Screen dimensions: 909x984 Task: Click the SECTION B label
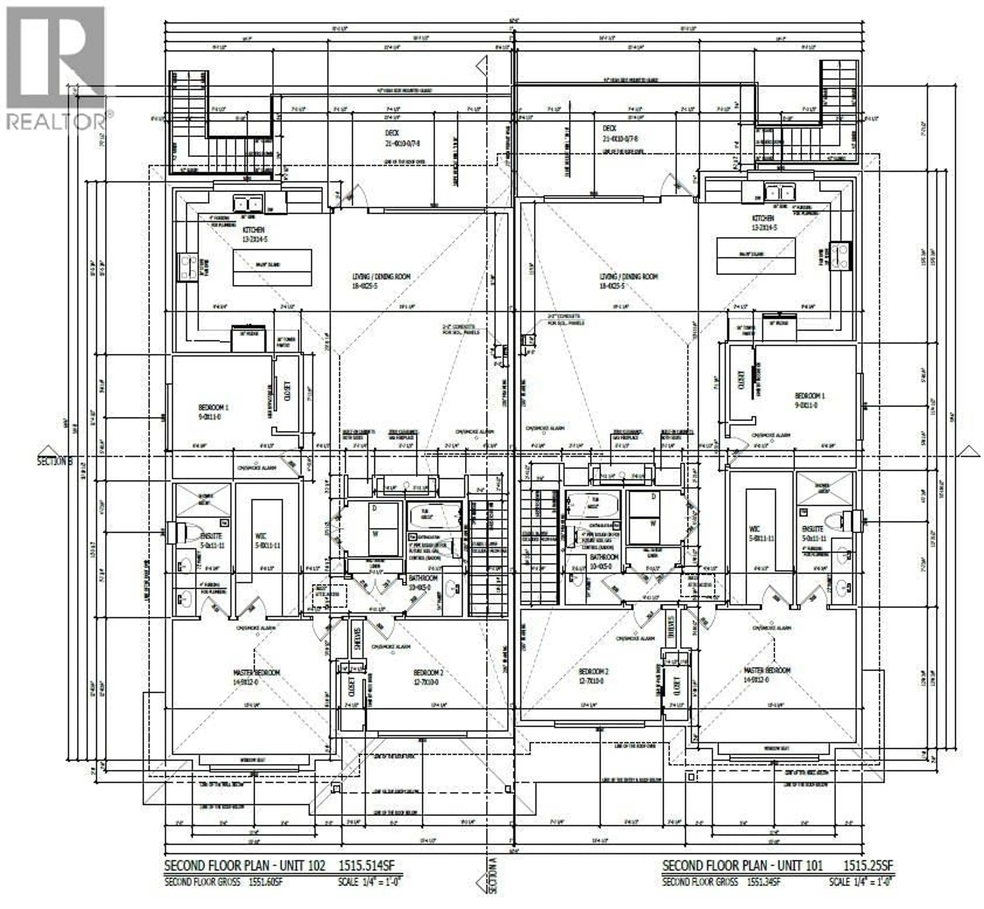(55, 461)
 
